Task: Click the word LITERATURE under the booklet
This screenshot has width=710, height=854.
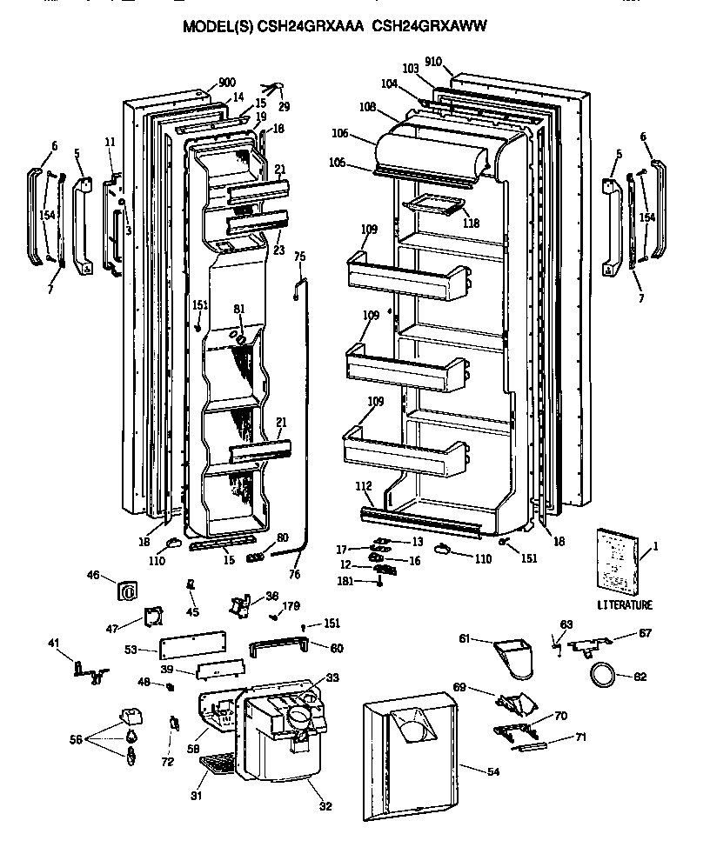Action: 624,604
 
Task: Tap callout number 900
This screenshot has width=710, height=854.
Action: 226,83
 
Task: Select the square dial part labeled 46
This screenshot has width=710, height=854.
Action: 127,590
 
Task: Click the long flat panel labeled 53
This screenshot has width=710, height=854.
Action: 194,644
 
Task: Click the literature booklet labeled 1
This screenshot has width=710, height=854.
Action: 616,560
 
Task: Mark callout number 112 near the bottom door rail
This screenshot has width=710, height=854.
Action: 364,486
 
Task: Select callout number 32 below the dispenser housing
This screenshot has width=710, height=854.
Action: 325,806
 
